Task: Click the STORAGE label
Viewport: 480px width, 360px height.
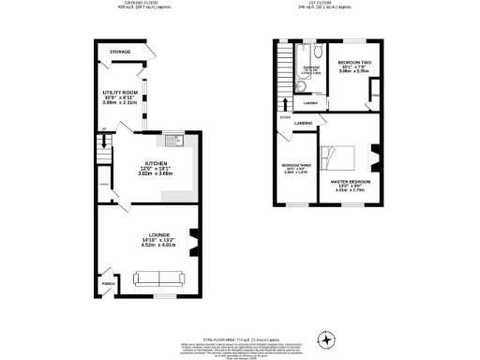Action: point(119,52)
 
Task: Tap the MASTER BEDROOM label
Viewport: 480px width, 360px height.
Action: point(349,180)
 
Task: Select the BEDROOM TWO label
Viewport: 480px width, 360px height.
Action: point(353,61)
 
